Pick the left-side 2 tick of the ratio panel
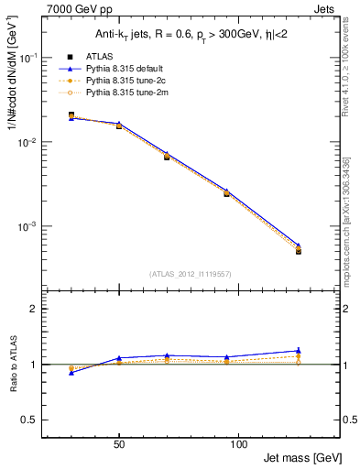(37, 309)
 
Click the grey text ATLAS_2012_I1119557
(190, 274)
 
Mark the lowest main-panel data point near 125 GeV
(298, 251)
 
